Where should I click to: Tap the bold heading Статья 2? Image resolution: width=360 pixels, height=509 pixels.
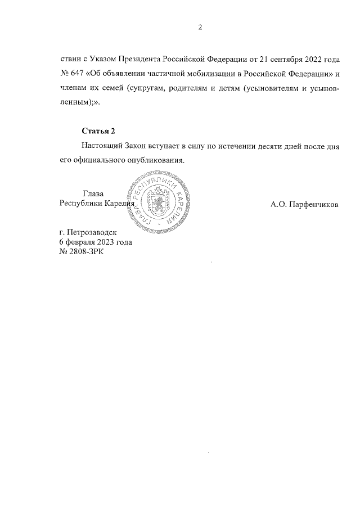pos(98,131)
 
